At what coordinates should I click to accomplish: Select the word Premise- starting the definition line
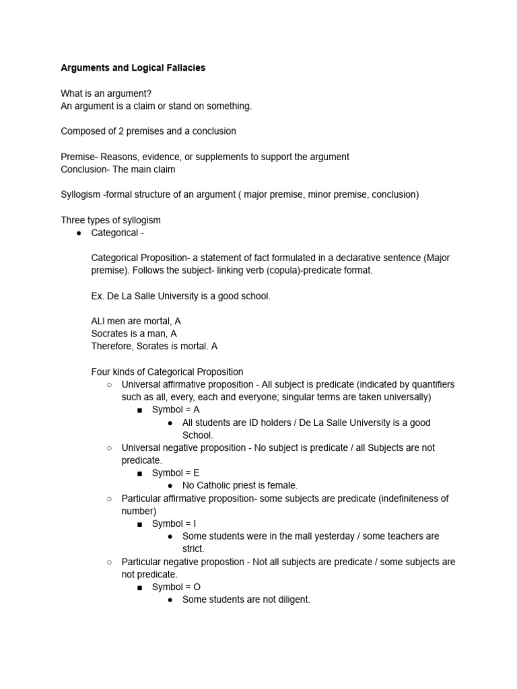point(79,157)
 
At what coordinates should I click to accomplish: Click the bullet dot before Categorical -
point(79,233)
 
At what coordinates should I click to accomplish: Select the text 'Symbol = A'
point(176,410)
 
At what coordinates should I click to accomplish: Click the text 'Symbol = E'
point(176,473)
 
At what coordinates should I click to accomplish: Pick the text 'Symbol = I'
point(174,523)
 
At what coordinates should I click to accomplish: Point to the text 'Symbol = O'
point(176,587)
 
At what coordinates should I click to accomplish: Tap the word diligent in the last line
point(289,600)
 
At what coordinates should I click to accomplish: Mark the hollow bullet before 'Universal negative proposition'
point(109,448)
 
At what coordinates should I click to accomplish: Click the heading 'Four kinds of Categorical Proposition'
point(167,371)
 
